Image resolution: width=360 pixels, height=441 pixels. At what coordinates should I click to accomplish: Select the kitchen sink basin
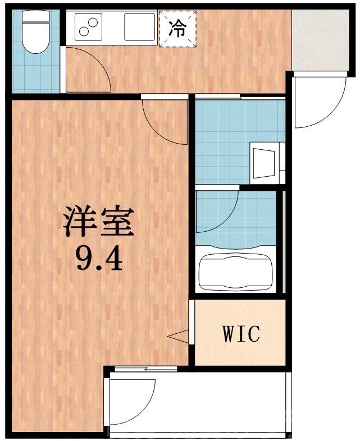[139, 27]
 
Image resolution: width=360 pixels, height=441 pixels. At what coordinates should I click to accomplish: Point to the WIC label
[242, 334]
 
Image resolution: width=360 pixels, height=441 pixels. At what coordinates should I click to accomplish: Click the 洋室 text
[98, 222]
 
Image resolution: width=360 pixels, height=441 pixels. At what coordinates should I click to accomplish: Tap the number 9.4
[98, 259]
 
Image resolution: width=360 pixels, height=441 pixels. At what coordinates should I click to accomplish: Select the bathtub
[235, 270]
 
